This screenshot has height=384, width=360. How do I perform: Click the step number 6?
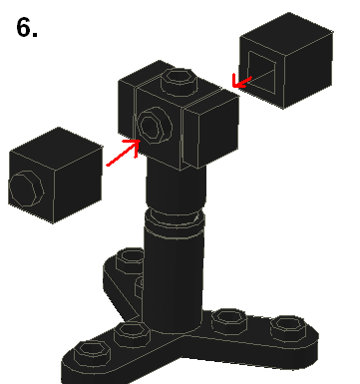[x=27, y=27]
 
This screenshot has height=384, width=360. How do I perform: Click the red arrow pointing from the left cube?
[x=123, y=153]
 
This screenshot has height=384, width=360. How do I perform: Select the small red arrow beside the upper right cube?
[x=241, y=81]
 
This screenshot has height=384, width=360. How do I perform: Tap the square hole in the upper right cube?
[x=261, y=72]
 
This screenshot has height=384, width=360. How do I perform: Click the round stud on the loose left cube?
[x=26, y=189]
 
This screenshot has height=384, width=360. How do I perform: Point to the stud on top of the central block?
[x=180, y=79]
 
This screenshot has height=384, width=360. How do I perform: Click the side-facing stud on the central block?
[x=155, y=126]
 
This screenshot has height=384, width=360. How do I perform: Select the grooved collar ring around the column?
[x=175, y=220]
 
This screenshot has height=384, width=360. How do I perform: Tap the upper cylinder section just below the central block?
[x=176, y=185]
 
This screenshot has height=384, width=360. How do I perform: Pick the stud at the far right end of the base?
[x=288, y=328]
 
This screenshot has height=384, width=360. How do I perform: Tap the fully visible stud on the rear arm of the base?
[x=131, y=259]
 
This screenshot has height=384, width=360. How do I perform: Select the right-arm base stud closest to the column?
[x=229, y=320]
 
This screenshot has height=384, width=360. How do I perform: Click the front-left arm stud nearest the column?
[x=133, y=333]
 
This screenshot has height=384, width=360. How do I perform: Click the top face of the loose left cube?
[x=57, y=149]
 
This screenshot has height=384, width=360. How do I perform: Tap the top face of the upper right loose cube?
[x=286, y=33]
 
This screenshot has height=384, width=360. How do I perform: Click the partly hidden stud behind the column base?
[x=140, y=286]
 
